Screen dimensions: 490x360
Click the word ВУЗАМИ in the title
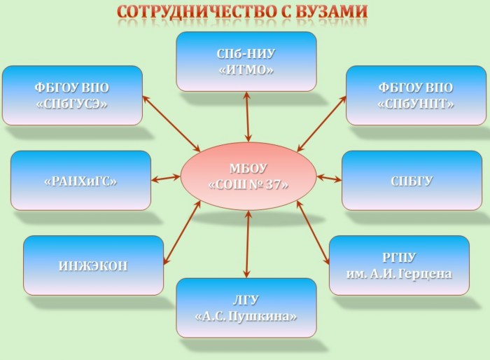331,12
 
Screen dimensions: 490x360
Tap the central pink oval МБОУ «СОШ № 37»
248,176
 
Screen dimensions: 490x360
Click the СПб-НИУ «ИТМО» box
246,62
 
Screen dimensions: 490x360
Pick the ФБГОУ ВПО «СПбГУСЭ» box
72,95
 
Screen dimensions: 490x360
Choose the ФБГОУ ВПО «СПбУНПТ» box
416,95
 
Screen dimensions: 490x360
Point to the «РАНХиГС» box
80,181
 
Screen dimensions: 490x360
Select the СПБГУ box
412,181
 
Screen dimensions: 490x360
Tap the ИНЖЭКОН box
93,265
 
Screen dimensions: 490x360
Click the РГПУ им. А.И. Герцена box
399,265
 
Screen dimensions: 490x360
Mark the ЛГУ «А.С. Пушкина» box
246,308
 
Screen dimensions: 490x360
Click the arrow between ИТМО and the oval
248,117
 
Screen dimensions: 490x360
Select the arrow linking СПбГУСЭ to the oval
171,123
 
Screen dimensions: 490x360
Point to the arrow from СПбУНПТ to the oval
321,124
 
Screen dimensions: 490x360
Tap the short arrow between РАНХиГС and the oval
166,179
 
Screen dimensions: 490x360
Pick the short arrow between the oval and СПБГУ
329,179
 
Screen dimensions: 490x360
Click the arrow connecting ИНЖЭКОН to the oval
182,233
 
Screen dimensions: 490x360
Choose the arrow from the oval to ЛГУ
248,244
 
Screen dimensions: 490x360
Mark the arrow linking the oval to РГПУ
313,233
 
